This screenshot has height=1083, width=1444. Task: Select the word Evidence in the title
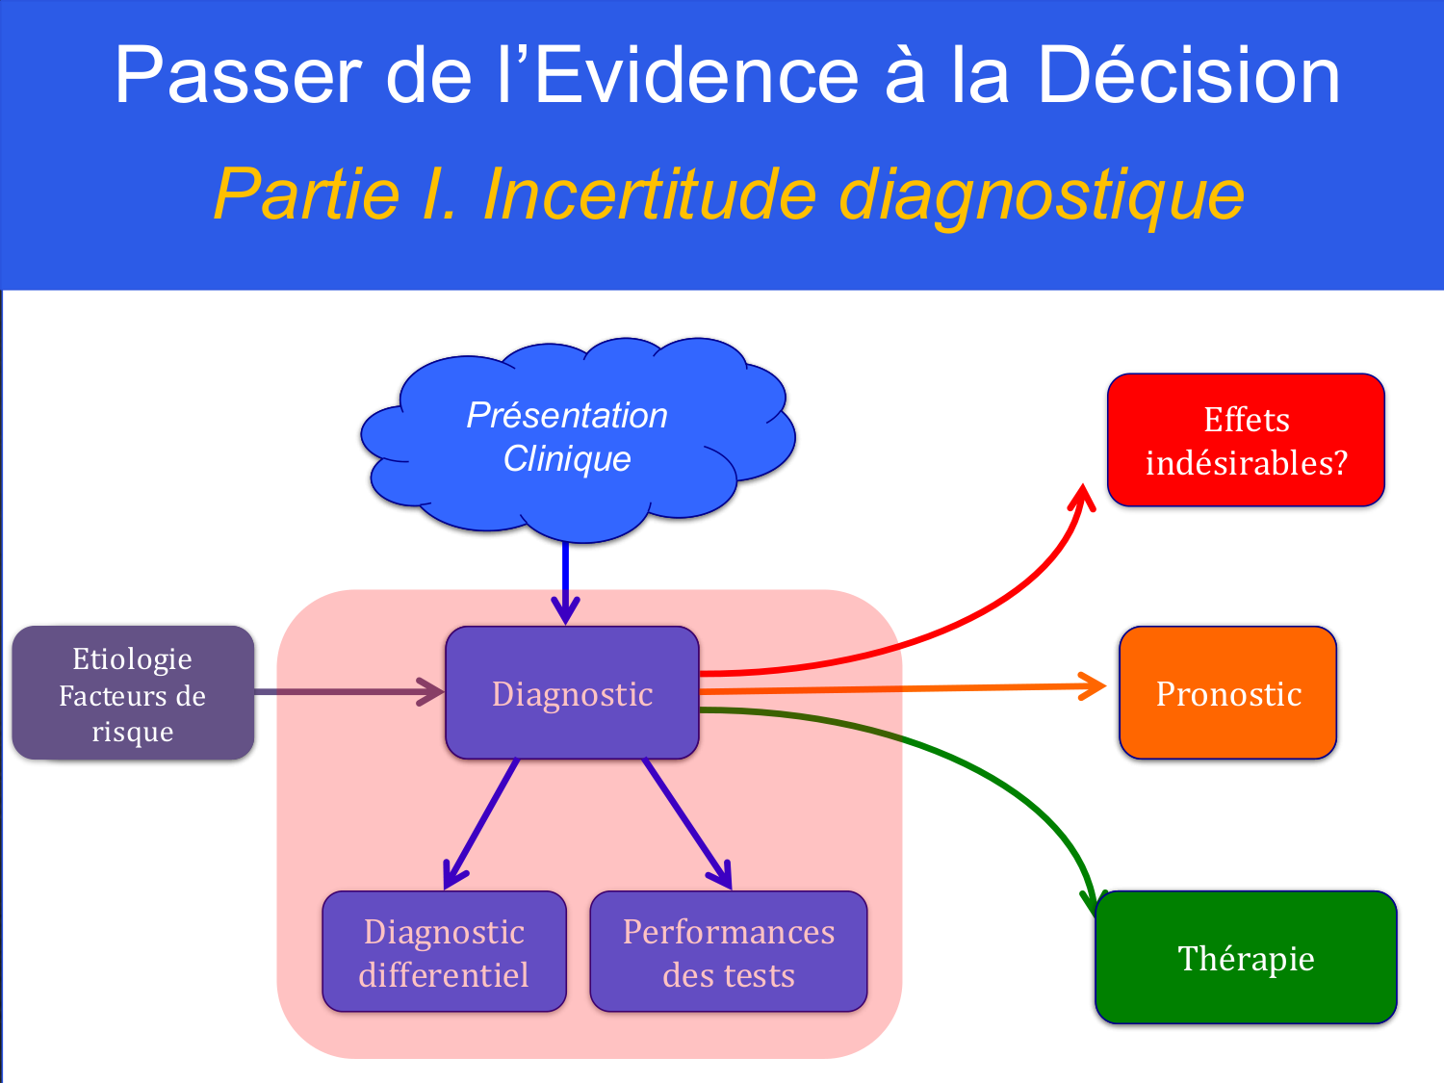[x=695, y=76]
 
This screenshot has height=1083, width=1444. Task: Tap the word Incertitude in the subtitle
[x=650, y=194]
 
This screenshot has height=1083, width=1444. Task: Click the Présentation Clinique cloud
[x=568, y=438]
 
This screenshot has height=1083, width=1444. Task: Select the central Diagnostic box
[x=572, y=693]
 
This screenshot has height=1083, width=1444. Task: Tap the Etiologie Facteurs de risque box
[x=133, y=693]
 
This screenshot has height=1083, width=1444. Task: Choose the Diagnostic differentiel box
[x=444, y=952]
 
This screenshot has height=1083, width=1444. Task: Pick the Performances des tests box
[x=728, y=952]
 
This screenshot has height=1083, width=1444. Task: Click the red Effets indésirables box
[x=1246, y=441]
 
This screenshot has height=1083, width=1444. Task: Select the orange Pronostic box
[x=1227, y=693]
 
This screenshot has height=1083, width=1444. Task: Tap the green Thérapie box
[x=1246, y=958]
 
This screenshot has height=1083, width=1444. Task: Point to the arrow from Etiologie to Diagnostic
[x=347, y=691]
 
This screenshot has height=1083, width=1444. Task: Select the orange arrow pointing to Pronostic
[x=905, y=688]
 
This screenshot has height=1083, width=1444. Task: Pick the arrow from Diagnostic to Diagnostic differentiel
[x=481, y=823]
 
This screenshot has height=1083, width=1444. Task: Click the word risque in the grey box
[x=133, y=732]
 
